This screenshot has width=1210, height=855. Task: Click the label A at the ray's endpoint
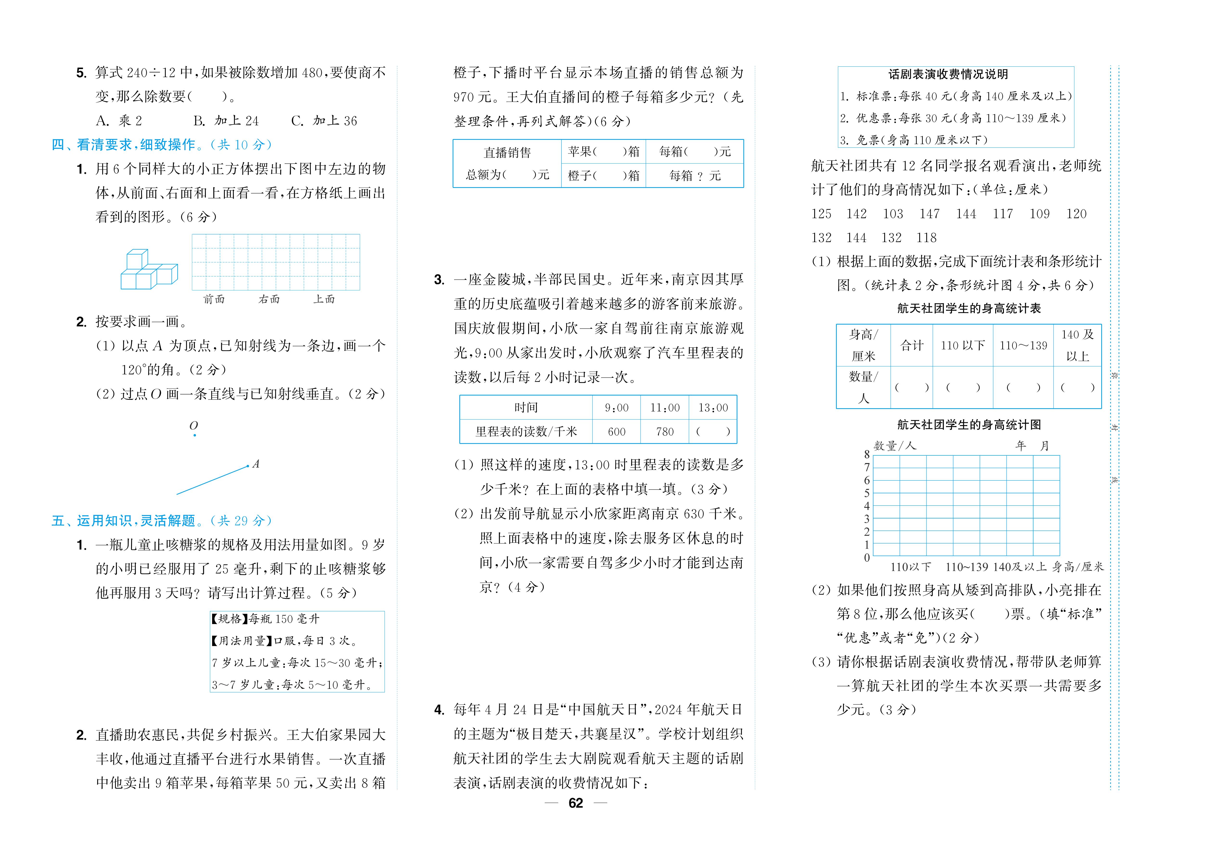(256, 464)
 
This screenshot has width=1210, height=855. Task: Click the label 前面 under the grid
(214, 300)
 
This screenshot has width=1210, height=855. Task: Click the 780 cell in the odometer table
(665, 432)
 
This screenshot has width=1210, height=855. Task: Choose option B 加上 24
(226, 121)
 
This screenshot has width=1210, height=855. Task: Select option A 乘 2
(119, 121)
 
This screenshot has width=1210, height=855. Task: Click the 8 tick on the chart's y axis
(867, 454)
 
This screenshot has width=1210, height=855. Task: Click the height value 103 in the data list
(893, 214)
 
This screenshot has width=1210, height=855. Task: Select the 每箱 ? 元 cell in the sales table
(695, 176)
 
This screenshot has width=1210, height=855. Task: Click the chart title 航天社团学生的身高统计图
(969, 425)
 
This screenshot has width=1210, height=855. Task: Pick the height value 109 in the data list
(1039, 214)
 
